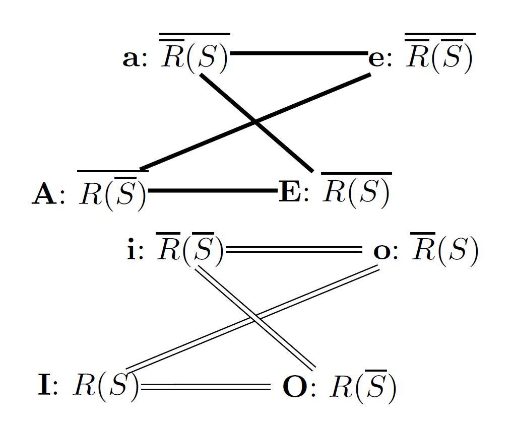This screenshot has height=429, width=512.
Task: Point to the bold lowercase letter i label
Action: [x=132, y=250]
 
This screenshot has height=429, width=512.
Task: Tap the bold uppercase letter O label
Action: [x=294, y=387]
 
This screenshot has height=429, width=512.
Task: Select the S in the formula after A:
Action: [x=124, y=194]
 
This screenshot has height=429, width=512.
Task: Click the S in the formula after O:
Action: [x=374, y=387]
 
